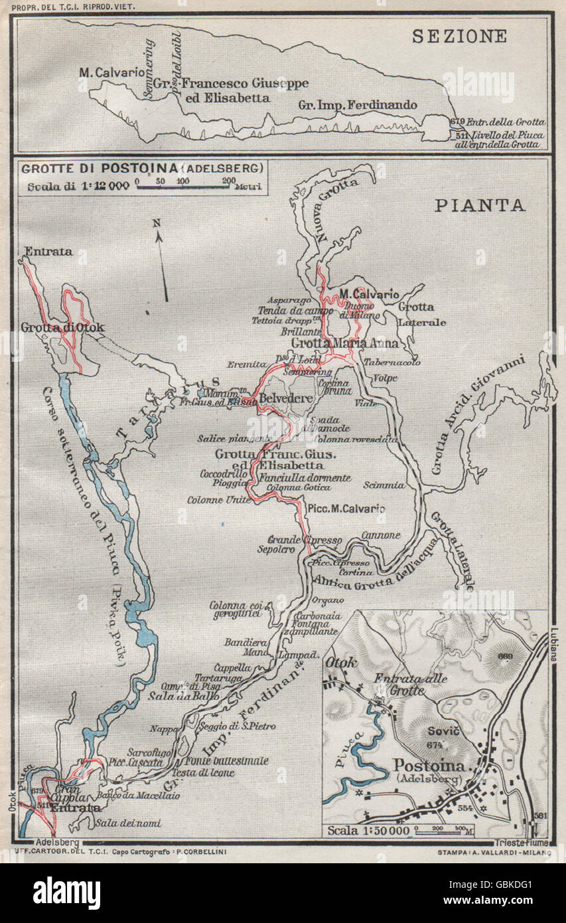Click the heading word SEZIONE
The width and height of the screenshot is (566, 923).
pos(459,36)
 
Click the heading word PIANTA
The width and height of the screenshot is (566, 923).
pos(480,205)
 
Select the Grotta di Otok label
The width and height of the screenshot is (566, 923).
pos(62,327)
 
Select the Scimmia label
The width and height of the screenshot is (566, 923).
pos(384,485)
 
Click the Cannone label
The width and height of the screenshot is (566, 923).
pos(381,535)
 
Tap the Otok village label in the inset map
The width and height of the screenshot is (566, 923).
pos(341,663)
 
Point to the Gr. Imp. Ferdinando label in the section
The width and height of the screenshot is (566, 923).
pos(358,105)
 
